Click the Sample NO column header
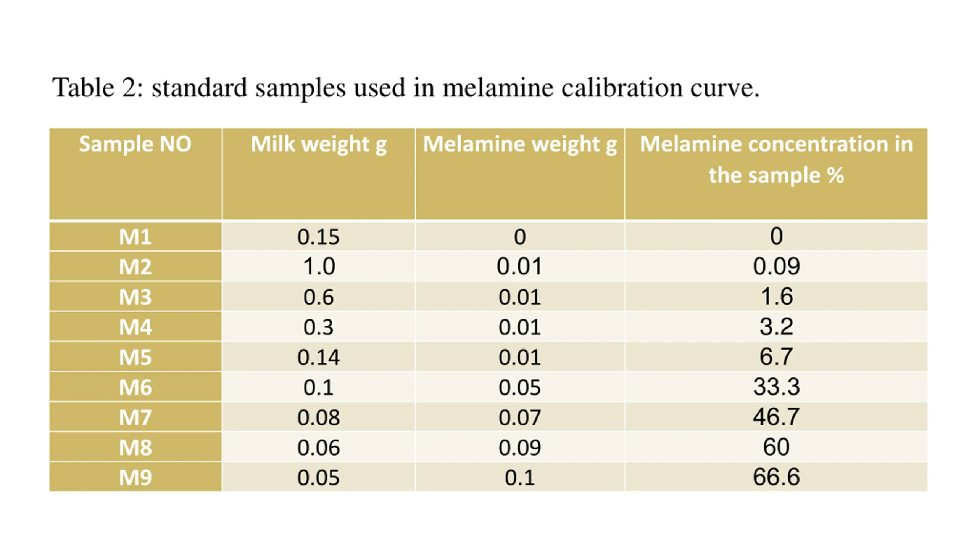tap(135, 144)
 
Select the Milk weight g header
tap(318, 144)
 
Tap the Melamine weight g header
tap(520, 144)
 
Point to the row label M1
tap(135, 237)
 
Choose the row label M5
tap(135, 357)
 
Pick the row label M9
tap(135, 477)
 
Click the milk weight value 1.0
tap(319, 266)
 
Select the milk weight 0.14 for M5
tap(318, 357)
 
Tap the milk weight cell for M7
tap(318, 417)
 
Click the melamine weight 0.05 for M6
tap(519, 387)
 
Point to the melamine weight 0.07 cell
tap(519, 417)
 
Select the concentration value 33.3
tap(776, 387)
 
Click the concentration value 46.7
tap(776, 416)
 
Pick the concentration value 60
tap(776, 447)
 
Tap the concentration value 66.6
tap(776, 477)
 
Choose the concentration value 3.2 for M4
tap(776, 326)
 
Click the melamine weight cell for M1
tap(520, 237)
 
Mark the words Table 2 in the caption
tap(98, 88)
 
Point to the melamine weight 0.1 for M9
tap(519, 477)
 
